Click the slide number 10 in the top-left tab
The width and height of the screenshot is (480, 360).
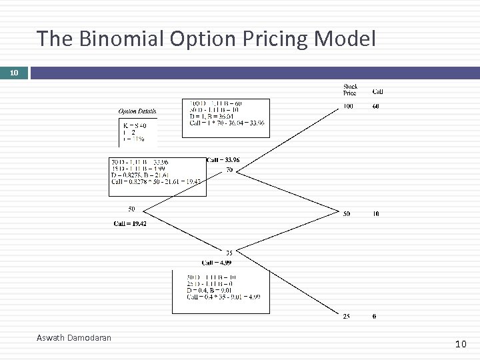click(x=13, y=72)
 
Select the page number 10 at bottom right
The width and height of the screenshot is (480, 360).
click(x=461, y=344)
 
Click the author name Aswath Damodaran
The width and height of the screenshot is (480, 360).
click(x=74, y=338)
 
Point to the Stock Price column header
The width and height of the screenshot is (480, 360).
click(x=350, y=89)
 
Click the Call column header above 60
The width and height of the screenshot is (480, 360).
click(x=377, y=92)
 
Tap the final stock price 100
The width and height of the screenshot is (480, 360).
click(x=348, y=106)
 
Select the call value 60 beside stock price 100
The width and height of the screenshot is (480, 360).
click(x=377, y=106)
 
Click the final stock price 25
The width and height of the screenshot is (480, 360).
click(x=347, y=316)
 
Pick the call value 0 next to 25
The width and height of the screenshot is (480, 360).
click(x=374, y=316)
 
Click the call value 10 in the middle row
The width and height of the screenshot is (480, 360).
click(x=376, y=214)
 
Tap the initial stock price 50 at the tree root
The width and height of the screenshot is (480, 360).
click(x=131, y=209)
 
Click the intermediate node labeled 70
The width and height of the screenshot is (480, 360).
click(x=229, y=171)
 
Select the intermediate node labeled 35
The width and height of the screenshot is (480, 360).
click(x=229, y=253)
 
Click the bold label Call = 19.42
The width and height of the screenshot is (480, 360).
click(x=130, y=223)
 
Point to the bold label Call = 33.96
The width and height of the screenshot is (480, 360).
click(x=223, y=160)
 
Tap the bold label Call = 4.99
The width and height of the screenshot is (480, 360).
click(x=216, y=263)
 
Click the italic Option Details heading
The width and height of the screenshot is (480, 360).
click(x=137, y=111)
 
